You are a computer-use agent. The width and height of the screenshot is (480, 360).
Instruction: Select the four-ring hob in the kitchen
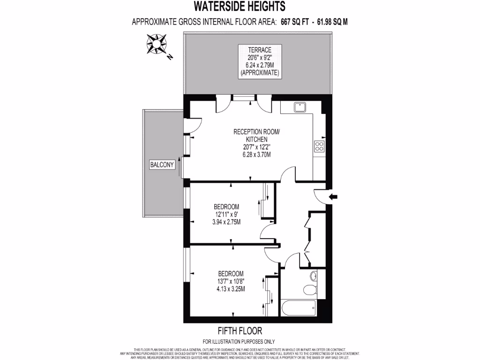click(320, 146)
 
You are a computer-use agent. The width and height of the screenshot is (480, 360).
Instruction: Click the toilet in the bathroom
click(310, 290)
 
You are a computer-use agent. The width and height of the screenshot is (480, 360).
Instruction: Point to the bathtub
click(298, 308)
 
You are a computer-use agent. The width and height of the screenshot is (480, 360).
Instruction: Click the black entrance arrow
click(333, 197)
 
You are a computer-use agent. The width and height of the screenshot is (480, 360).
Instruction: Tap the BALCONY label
click(162, 165)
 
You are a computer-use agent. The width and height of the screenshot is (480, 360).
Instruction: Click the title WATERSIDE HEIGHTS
click(240, 7)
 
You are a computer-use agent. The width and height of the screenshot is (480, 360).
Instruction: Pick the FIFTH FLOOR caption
click(239, 331)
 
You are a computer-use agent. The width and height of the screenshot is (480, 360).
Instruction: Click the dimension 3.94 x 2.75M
click(227, 222)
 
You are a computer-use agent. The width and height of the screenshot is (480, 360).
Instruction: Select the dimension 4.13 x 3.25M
click(231, 289)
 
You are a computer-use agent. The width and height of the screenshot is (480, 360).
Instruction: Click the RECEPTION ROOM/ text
click(256, 132)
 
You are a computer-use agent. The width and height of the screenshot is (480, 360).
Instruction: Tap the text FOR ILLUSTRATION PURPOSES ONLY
click(239, 341)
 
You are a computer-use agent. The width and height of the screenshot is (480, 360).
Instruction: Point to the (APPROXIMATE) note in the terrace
click(260, 73)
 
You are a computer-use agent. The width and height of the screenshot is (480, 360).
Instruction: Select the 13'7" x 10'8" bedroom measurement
click(231, 281)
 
